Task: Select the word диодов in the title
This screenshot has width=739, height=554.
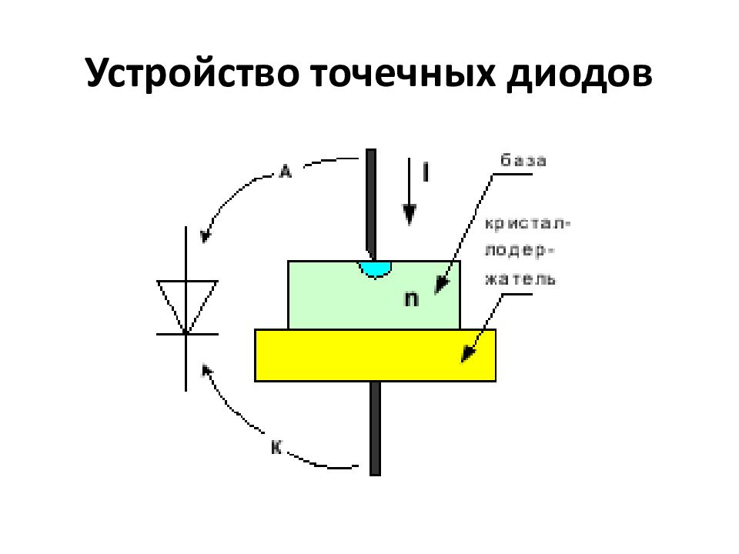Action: [580, 74]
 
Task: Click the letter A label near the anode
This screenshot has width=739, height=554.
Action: [285, 171]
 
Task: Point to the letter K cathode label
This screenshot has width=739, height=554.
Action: [276, 447]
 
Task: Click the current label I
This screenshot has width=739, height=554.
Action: [426, 172]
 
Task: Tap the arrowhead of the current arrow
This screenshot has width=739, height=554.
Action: [409, 215]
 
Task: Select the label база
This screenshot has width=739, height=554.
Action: [523, 161]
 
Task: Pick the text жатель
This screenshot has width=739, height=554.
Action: [520, 279]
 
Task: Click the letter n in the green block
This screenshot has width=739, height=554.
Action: [411, 299]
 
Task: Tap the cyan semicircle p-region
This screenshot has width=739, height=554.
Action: [375, 269]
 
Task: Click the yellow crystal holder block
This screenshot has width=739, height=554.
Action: [375, 355]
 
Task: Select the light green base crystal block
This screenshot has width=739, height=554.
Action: [374, 295]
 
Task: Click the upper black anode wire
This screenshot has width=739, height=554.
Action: [371, 205]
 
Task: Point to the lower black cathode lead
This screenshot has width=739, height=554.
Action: [375, 429]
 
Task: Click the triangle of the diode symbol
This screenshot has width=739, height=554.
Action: [187, 307]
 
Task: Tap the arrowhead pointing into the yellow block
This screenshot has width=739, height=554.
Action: [468, 352]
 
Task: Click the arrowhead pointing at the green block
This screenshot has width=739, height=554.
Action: [441, 285]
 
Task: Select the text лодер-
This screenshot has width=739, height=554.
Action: [520, 251]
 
